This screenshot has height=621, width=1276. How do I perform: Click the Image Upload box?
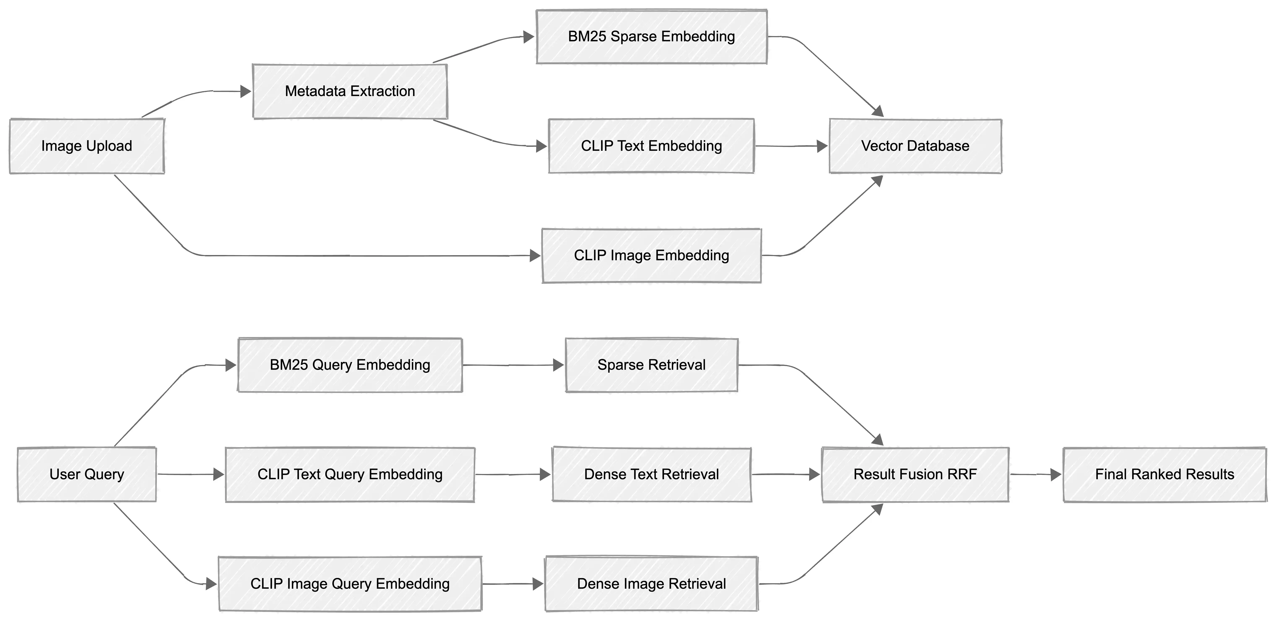pyautogui.click(x=87, y=146)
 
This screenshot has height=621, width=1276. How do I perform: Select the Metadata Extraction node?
pyautogui.click(x=350, y=91)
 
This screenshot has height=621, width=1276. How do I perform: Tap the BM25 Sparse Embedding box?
pyautogui.click(x=651, y=37)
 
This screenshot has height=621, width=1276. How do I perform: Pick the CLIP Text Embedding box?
pyautogui.click(x=651, y=146)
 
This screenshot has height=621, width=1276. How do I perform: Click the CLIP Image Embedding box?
pyautogui.click(x=651, y=256)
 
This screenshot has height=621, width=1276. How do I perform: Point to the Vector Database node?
pyautogui.click(x=915, y=146)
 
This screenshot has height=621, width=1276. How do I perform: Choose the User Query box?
pyautogui.click(x=87, y=474)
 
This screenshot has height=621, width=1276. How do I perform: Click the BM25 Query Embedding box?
pyautogui.click(x=350, y=365)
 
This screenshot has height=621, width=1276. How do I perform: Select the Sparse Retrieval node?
pyautogui.click(x=651, y=365)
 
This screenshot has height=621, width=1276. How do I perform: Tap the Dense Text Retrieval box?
pyautogui.click(x=651, y=474)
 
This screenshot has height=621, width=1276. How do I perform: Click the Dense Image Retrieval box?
pyautogui.click(x=651, y=584)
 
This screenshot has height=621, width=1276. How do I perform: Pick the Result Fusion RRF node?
pyautogui.click(x=915, y=474)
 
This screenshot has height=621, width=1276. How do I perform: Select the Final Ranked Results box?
pyautogui.click(x=1164, y=474)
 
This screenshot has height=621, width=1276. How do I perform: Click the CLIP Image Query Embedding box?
pyautogui.click(x=350, y=584)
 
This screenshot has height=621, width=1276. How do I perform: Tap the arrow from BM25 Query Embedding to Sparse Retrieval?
pyautogui.click(x=513, y=365)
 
